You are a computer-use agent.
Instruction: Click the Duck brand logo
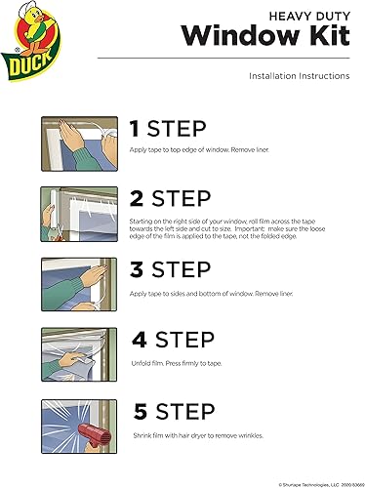[x=31, y=41]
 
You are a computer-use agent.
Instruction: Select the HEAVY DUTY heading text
[x=309, y=16]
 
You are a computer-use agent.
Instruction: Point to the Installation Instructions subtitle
[x=300, y=76]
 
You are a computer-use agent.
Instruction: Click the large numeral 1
[x=135, y=129]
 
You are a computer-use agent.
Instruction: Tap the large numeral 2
[x=137, y=198]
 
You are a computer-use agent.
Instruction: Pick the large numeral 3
[x=137, y=269]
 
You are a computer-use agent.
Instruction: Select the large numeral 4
[x=140, y=340]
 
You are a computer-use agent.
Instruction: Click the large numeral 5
[x=141, y=412]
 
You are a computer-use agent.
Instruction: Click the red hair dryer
[x=95, y=435]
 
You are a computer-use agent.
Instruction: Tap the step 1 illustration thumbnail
[x=79, y=143]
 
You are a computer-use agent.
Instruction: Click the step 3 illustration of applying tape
[x=79, y=284]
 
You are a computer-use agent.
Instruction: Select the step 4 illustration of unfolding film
[x=79, y=354]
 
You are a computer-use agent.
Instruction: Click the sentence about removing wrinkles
[x=198, y=435]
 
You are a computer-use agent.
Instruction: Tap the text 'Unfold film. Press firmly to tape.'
[x=177, y=363]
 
